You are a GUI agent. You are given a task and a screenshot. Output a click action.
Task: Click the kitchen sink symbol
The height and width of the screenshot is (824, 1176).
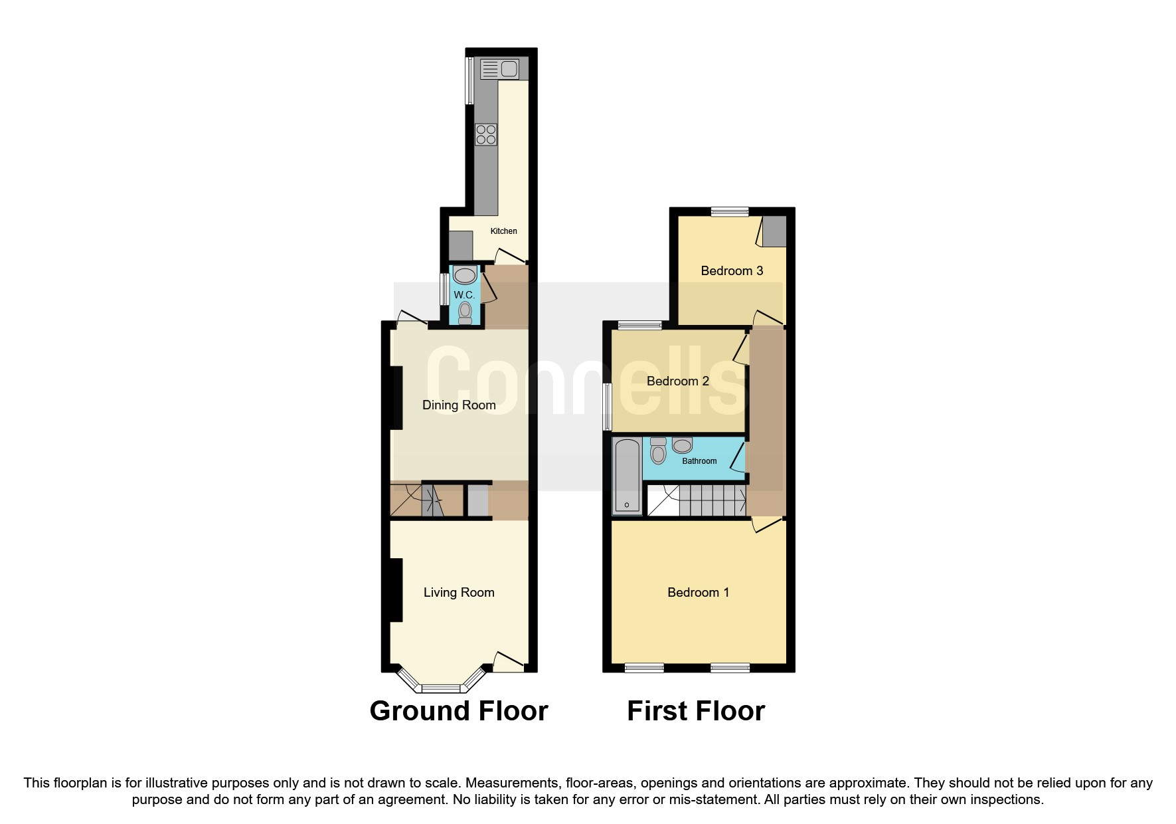[499, 68]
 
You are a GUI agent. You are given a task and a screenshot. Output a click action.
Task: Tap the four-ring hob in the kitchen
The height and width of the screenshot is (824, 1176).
[486, 135]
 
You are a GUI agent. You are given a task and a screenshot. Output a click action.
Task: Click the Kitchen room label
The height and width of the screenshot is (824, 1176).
[503, 231]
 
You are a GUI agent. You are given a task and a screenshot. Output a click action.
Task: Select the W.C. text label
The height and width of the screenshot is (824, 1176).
[463, 295]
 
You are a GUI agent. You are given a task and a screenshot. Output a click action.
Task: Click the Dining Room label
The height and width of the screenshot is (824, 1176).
[459, 405]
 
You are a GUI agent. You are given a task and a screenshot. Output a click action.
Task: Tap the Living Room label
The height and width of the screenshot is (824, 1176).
[459, 592]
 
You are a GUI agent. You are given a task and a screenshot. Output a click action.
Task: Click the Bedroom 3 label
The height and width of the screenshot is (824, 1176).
[732, 270]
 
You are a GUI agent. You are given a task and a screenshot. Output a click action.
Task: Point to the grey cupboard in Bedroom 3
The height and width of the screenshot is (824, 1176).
[774, 231]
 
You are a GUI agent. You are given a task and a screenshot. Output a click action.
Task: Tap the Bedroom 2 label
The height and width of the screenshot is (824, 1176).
[677, 381]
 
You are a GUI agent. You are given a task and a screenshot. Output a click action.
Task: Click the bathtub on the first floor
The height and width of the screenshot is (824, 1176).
[627, 476]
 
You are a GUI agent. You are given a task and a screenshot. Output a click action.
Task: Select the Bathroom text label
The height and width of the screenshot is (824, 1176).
[699, 461]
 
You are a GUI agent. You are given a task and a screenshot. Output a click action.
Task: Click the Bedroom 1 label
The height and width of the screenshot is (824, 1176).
[698, 592]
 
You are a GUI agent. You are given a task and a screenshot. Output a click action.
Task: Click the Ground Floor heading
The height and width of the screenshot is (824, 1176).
[458, 711]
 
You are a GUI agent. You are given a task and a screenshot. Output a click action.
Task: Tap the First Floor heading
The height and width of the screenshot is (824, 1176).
[695, 711]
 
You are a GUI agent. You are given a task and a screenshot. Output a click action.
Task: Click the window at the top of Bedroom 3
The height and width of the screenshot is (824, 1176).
[729, 212]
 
